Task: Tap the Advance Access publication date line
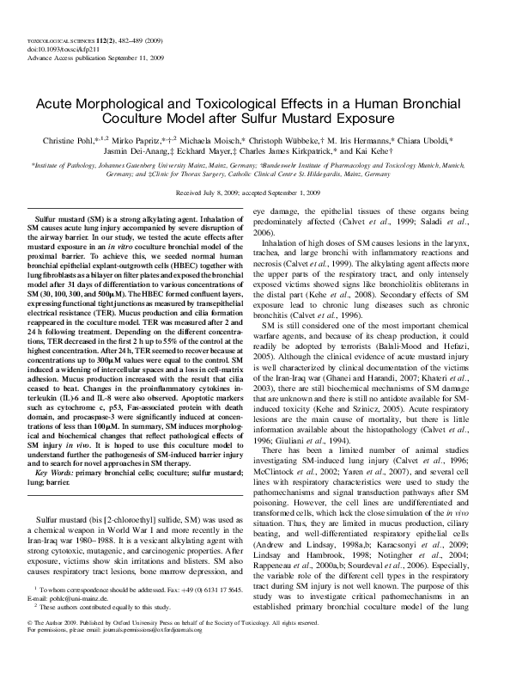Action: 76,58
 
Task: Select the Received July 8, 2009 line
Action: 254,194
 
